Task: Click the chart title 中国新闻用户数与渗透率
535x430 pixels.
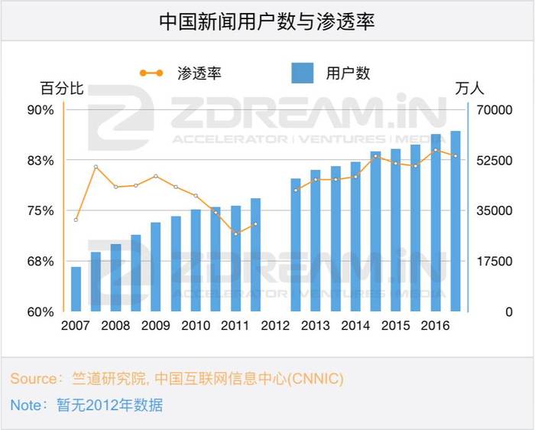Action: coord(267,21)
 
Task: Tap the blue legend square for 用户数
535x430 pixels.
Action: coord(303,73)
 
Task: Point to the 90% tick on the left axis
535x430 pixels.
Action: coord(41,110)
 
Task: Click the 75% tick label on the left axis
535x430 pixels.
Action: coord(41,211)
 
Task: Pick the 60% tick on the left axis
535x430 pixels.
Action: coord(41,312)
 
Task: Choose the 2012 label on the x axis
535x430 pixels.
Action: coord(275,326)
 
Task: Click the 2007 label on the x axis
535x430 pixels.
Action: coord(75,326)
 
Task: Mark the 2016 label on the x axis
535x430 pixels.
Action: coord(435,326)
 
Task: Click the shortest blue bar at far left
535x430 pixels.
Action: coord(76,289)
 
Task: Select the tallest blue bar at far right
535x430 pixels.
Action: coord(456,222)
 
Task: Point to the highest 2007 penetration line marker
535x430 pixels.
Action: coord(96,167)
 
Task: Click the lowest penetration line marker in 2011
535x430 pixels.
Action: coord(235,233)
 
